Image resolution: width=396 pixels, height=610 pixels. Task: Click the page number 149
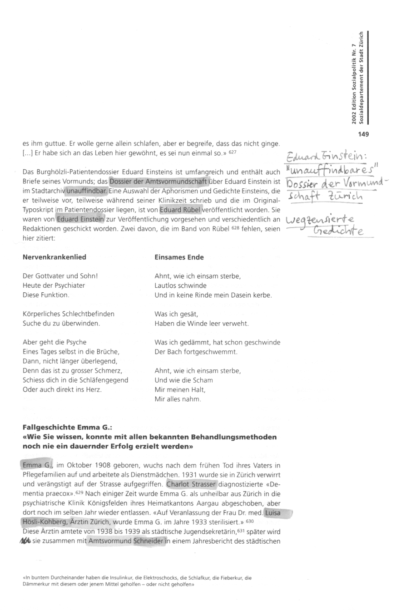(363, 134)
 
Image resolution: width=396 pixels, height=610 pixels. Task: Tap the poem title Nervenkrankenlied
(54, 257)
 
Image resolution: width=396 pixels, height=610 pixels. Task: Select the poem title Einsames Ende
(179, 257)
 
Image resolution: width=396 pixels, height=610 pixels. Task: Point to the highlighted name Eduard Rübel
(180, 210)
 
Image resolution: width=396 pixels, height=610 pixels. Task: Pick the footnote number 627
(233, 152)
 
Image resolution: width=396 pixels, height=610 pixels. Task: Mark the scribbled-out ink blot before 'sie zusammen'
(26, 541)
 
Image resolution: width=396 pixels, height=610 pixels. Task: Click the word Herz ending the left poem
(94, 389)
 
